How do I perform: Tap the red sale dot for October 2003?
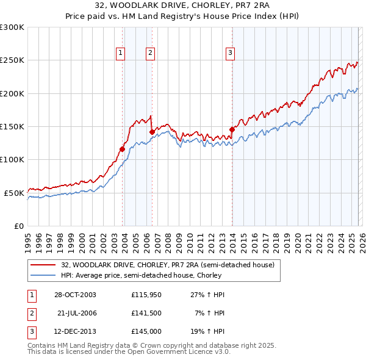123,149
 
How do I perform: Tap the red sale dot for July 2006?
152,132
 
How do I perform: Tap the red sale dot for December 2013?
232,129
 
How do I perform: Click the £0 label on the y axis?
18,226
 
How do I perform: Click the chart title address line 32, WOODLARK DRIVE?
182,6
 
